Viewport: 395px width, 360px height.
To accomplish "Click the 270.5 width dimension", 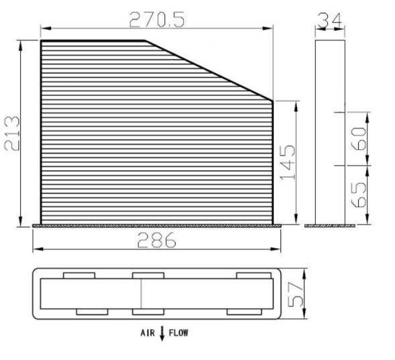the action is point(157,19).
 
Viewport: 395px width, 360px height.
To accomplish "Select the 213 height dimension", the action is point(12,133).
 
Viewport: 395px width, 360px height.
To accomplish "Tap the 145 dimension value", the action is point(288,162).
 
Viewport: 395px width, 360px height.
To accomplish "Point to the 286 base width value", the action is point(156,240).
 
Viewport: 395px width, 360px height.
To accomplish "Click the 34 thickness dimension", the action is point(330,20).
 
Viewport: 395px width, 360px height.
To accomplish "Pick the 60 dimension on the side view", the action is point(359,139).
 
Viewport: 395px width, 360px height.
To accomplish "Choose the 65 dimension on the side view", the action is point(359,194).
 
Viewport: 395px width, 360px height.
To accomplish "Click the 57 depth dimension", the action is point(296,294).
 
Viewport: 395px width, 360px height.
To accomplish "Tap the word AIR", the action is point(148,333).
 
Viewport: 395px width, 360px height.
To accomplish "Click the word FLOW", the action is point(178,333).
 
